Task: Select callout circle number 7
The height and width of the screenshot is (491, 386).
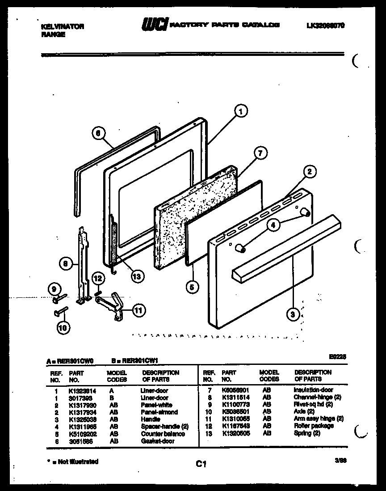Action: point(259,153)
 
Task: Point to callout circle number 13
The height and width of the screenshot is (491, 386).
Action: point(136,276)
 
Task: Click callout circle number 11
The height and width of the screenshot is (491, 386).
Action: point(139,310)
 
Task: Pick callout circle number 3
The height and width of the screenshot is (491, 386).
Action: point(293,314)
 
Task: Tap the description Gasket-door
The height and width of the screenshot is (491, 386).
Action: point(157,440)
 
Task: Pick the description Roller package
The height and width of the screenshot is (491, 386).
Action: point(313,426)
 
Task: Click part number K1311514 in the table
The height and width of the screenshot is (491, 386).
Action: point(235,397)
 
